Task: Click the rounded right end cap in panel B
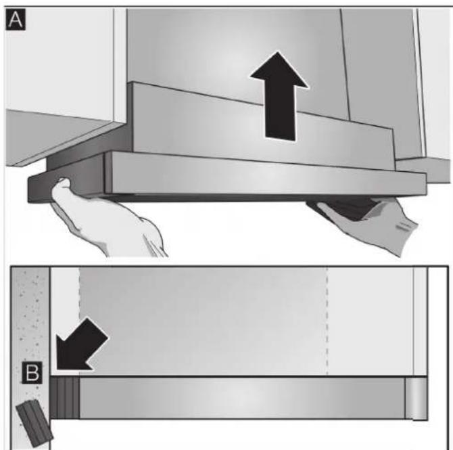(415, 398)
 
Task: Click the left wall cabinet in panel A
(54, 74)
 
